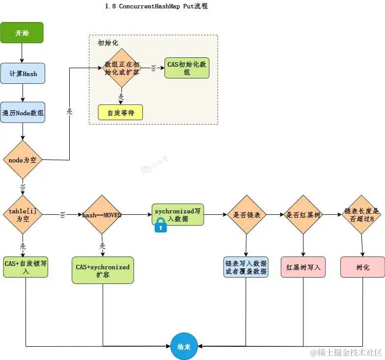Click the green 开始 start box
pos(22,33)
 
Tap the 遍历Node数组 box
pos(23,112)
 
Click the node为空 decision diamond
pos(23,160)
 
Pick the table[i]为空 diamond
pos(23,214)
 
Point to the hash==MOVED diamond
pos(103,215)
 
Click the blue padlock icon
pos(161,225)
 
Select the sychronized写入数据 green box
pos(177,214)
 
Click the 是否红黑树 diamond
pos(303,215)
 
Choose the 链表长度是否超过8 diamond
pos(362,214)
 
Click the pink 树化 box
pos(362,267)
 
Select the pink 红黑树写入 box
pos(303,267)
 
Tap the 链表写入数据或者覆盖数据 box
pos(246,267)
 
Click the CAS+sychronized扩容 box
pos(103,270)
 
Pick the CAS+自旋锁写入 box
pos(26,267)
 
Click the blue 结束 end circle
pos(184,346)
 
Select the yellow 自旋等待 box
pos(120,112)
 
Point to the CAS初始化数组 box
pos(187,68)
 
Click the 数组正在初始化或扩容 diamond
pos(121,68)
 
